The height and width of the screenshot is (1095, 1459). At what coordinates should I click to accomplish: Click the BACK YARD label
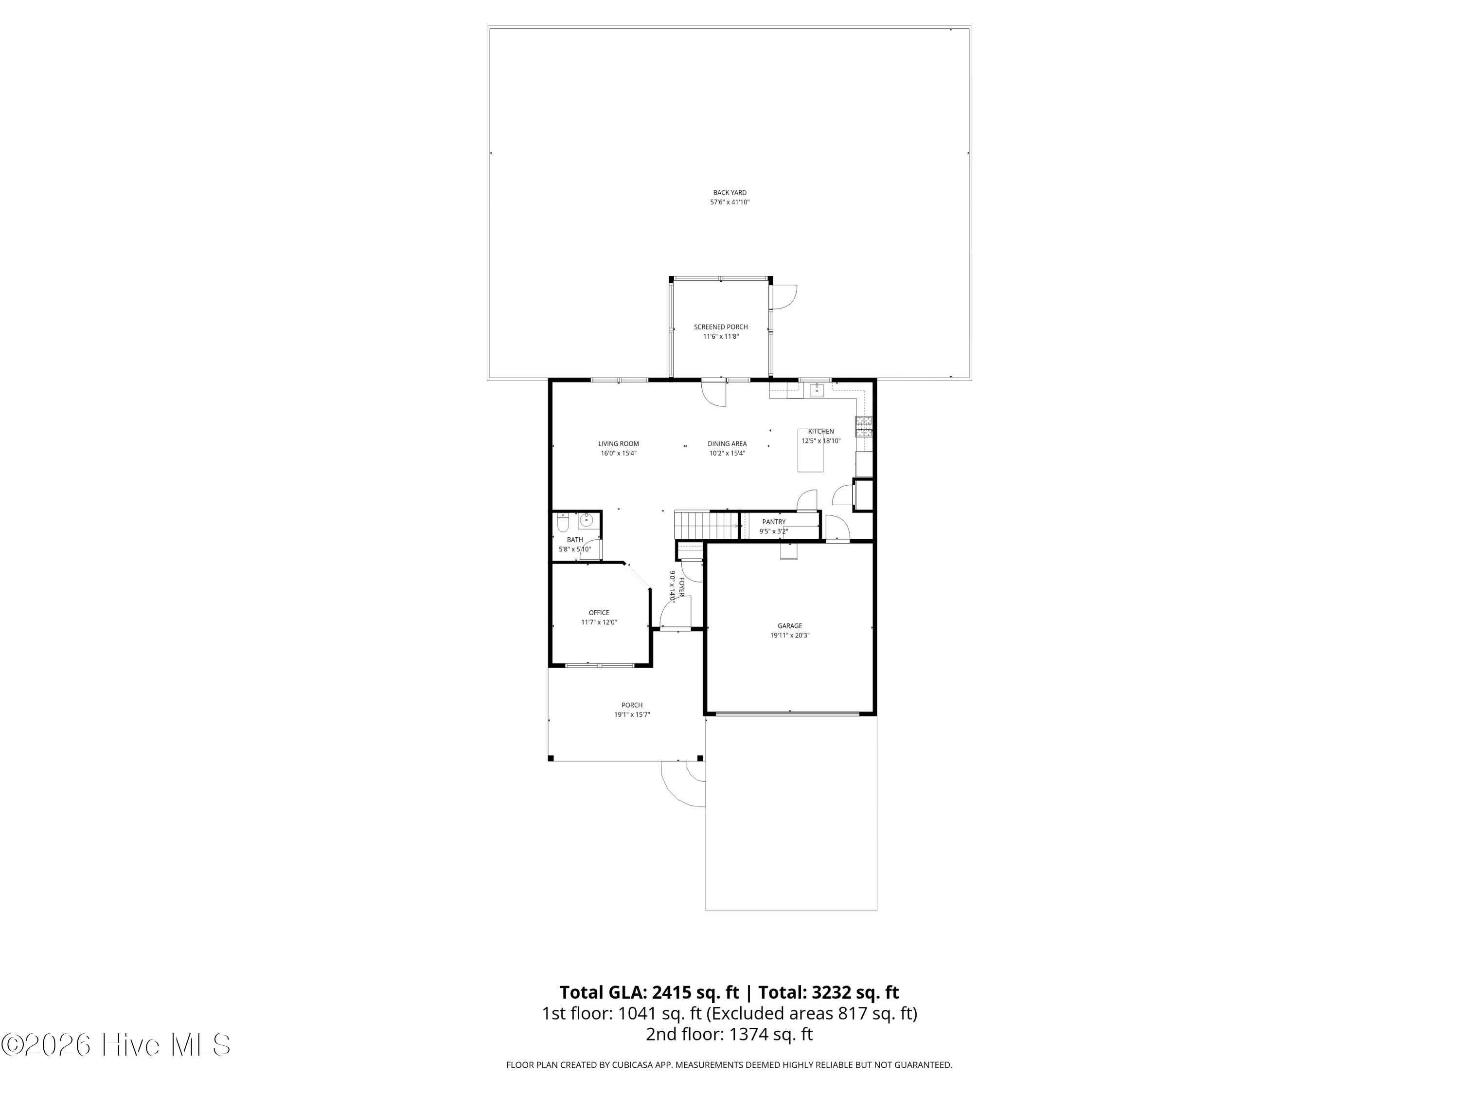[x=729, y=193]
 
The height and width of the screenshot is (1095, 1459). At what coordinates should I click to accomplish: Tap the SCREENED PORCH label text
[x=721, y=327]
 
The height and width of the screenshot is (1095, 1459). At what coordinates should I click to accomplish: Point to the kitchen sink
[x=817, y=390]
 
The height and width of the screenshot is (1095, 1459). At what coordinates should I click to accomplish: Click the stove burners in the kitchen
[x=864, y=427]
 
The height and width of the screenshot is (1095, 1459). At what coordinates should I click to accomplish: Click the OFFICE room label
[x=599, y=613]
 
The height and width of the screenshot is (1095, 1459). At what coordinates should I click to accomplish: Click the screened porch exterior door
[x=785, y=297]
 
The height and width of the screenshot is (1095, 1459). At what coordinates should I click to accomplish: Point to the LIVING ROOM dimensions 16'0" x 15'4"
[x=619, y=454]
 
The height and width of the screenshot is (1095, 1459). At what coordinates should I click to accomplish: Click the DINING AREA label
[x=727, y=444]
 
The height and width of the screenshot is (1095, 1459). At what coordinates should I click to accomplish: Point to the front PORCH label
[x=632, y=705]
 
